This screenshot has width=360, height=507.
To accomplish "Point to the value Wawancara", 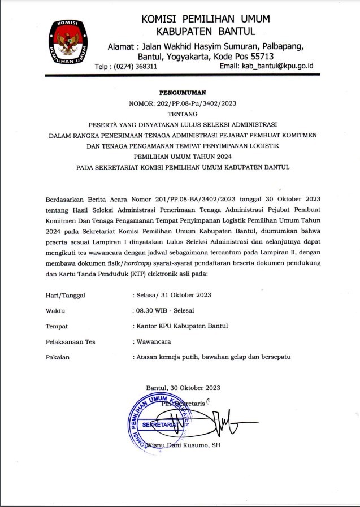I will (154, 341).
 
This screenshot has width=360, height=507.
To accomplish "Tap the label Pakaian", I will (57, 357).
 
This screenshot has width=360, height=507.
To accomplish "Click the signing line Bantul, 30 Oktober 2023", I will (183, 388).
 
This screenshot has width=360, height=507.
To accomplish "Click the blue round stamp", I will (159, 423).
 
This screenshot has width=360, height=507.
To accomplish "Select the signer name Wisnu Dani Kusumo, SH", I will (183, 445).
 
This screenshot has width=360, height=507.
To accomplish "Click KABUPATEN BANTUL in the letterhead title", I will (206, 31).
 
